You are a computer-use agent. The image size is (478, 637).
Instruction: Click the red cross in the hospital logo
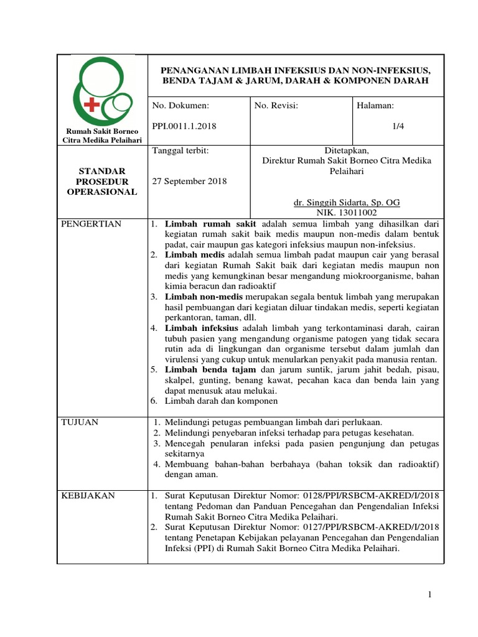coord(91,104)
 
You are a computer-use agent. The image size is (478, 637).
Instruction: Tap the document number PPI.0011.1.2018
coord(184,126)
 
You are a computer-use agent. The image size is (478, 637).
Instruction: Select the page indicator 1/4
coord(398,126)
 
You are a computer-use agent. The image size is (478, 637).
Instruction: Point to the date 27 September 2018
coord(190,181)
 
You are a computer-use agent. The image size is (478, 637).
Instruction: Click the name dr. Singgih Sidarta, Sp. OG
coord(346,203)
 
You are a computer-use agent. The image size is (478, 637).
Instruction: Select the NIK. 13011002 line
coord(346,213)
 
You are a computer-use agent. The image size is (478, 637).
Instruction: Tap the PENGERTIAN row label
coord(91,224)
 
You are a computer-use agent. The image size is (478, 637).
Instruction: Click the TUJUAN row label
coord(80,422)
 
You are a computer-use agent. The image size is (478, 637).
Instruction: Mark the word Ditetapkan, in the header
coord(346,151)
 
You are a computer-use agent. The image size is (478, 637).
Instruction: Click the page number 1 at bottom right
coord(429,596)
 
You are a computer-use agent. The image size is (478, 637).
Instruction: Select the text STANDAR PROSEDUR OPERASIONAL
coord(102,181)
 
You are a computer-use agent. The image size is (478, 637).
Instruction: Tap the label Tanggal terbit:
coord(180,151)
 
